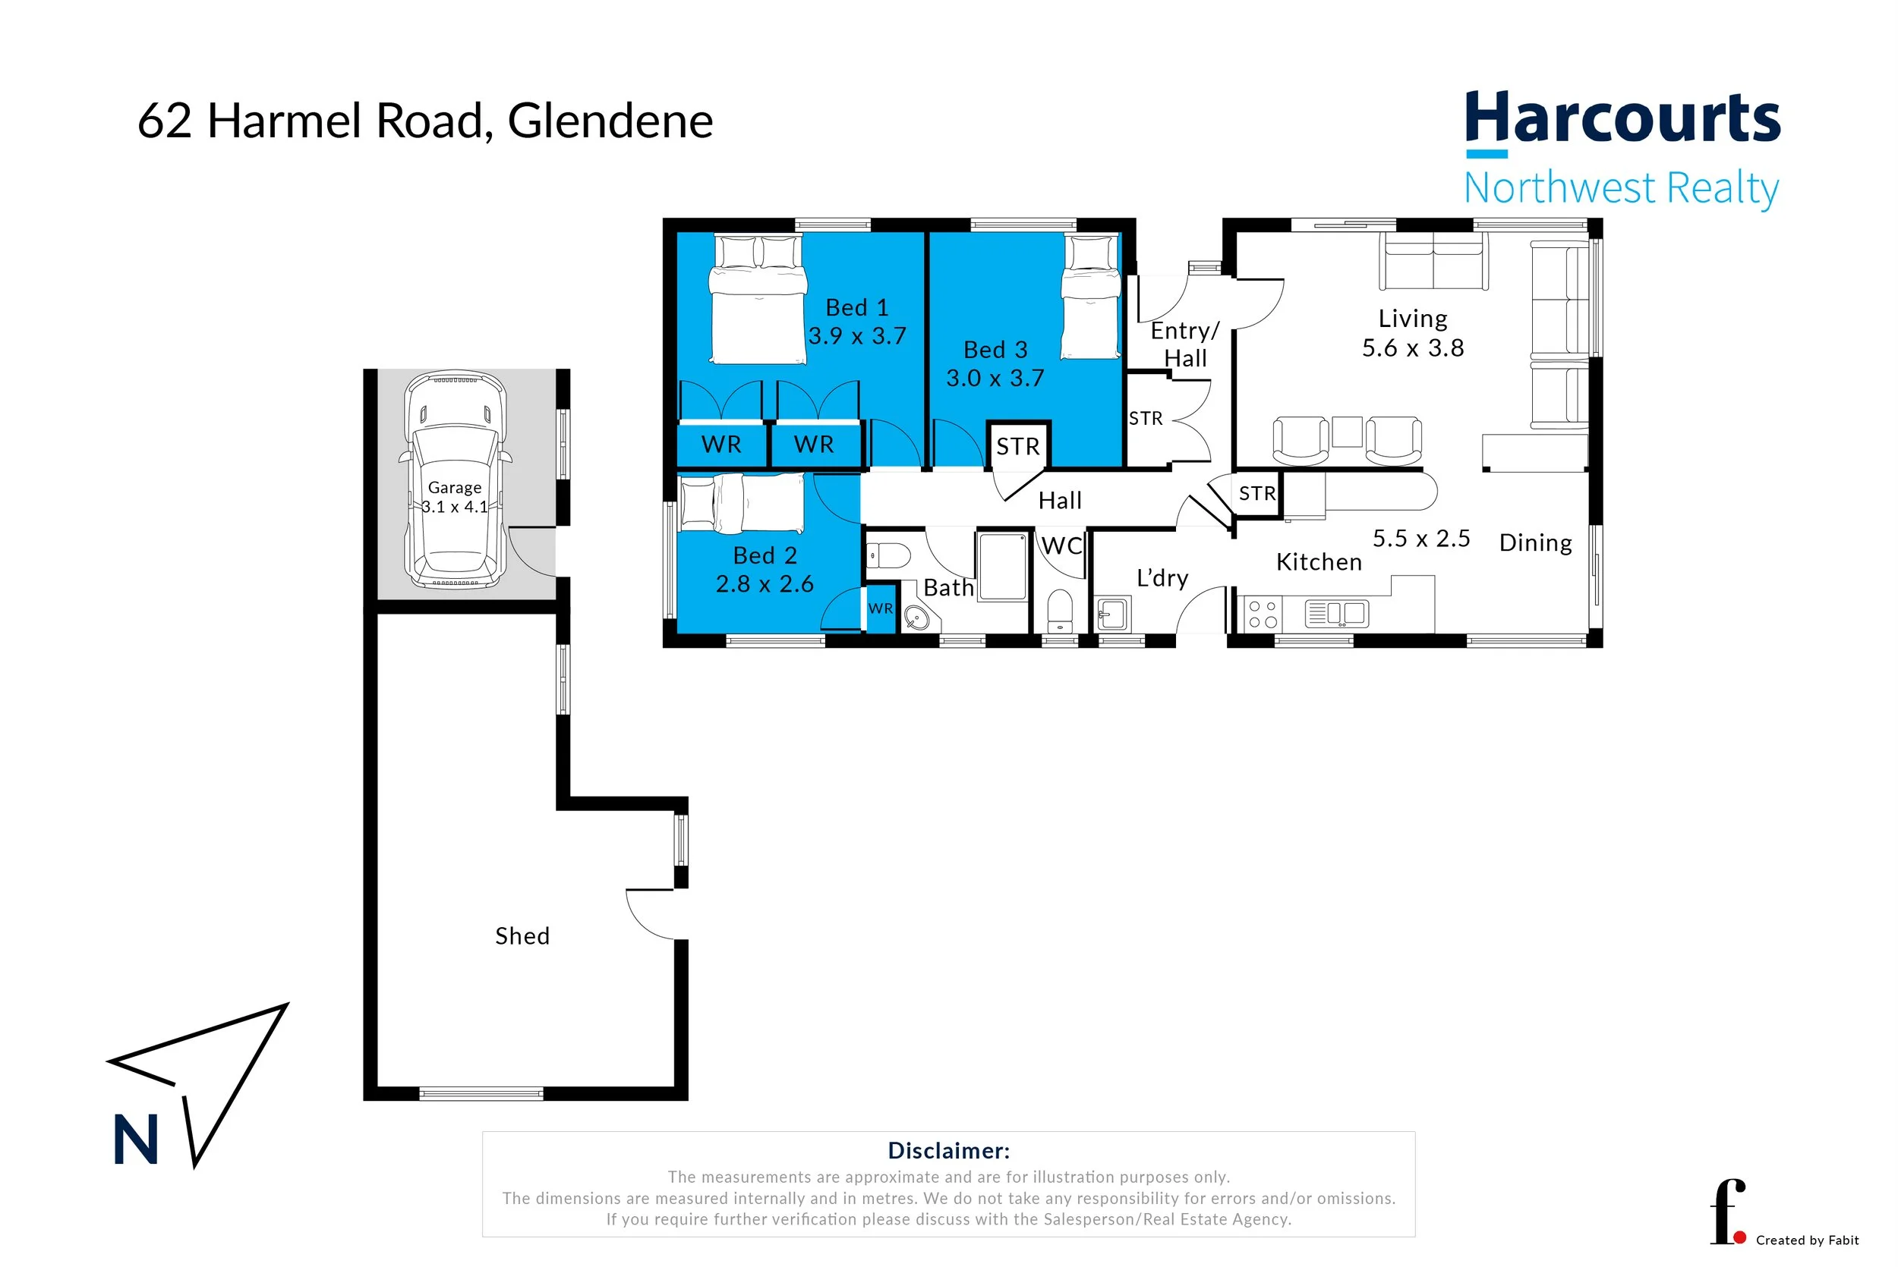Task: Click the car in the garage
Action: pos(455,480)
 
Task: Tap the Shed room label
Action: pos(522,935)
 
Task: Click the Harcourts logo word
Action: pos(1622,120)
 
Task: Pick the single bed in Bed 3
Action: pos(1091,297)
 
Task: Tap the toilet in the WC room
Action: pos(1060,611)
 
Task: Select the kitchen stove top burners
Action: pos(1262,614)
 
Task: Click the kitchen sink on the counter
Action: pos(1337,614)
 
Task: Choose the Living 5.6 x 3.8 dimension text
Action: pos(1412,347)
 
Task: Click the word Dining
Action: pos(1535,542)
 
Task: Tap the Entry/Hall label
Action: pos(1184,344)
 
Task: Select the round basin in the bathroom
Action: pos(916,619)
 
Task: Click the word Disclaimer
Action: pos(948,1151)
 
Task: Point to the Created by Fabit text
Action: pos(1807,1240)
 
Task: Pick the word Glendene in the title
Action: pos(610,121)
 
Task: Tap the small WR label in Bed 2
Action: pos(880,608)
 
